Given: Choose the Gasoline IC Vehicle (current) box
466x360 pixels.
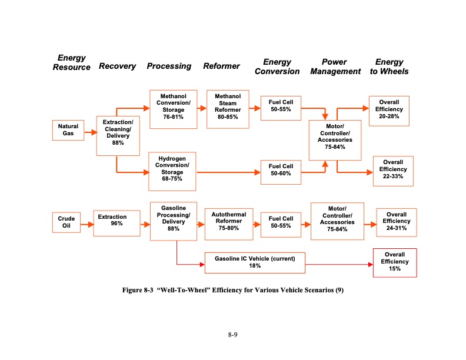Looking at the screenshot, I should [x=255, y=262].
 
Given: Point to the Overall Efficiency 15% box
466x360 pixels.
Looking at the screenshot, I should [x=394, y=262].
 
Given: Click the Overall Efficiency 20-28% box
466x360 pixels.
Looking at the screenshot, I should [x=389, y=109].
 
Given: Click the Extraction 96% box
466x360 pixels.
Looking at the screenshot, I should [x=116, y=221].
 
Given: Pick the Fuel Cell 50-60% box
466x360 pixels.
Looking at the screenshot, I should [x=281, y=170].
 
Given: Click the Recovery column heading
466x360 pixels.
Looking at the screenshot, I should [x=117, y=66].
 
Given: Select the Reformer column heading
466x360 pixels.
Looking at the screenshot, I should [x=221, y=66].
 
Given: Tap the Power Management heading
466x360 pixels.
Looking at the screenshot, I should [x=335, y=66].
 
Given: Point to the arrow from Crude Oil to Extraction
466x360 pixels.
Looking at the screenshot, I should [x=87, y=222].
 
